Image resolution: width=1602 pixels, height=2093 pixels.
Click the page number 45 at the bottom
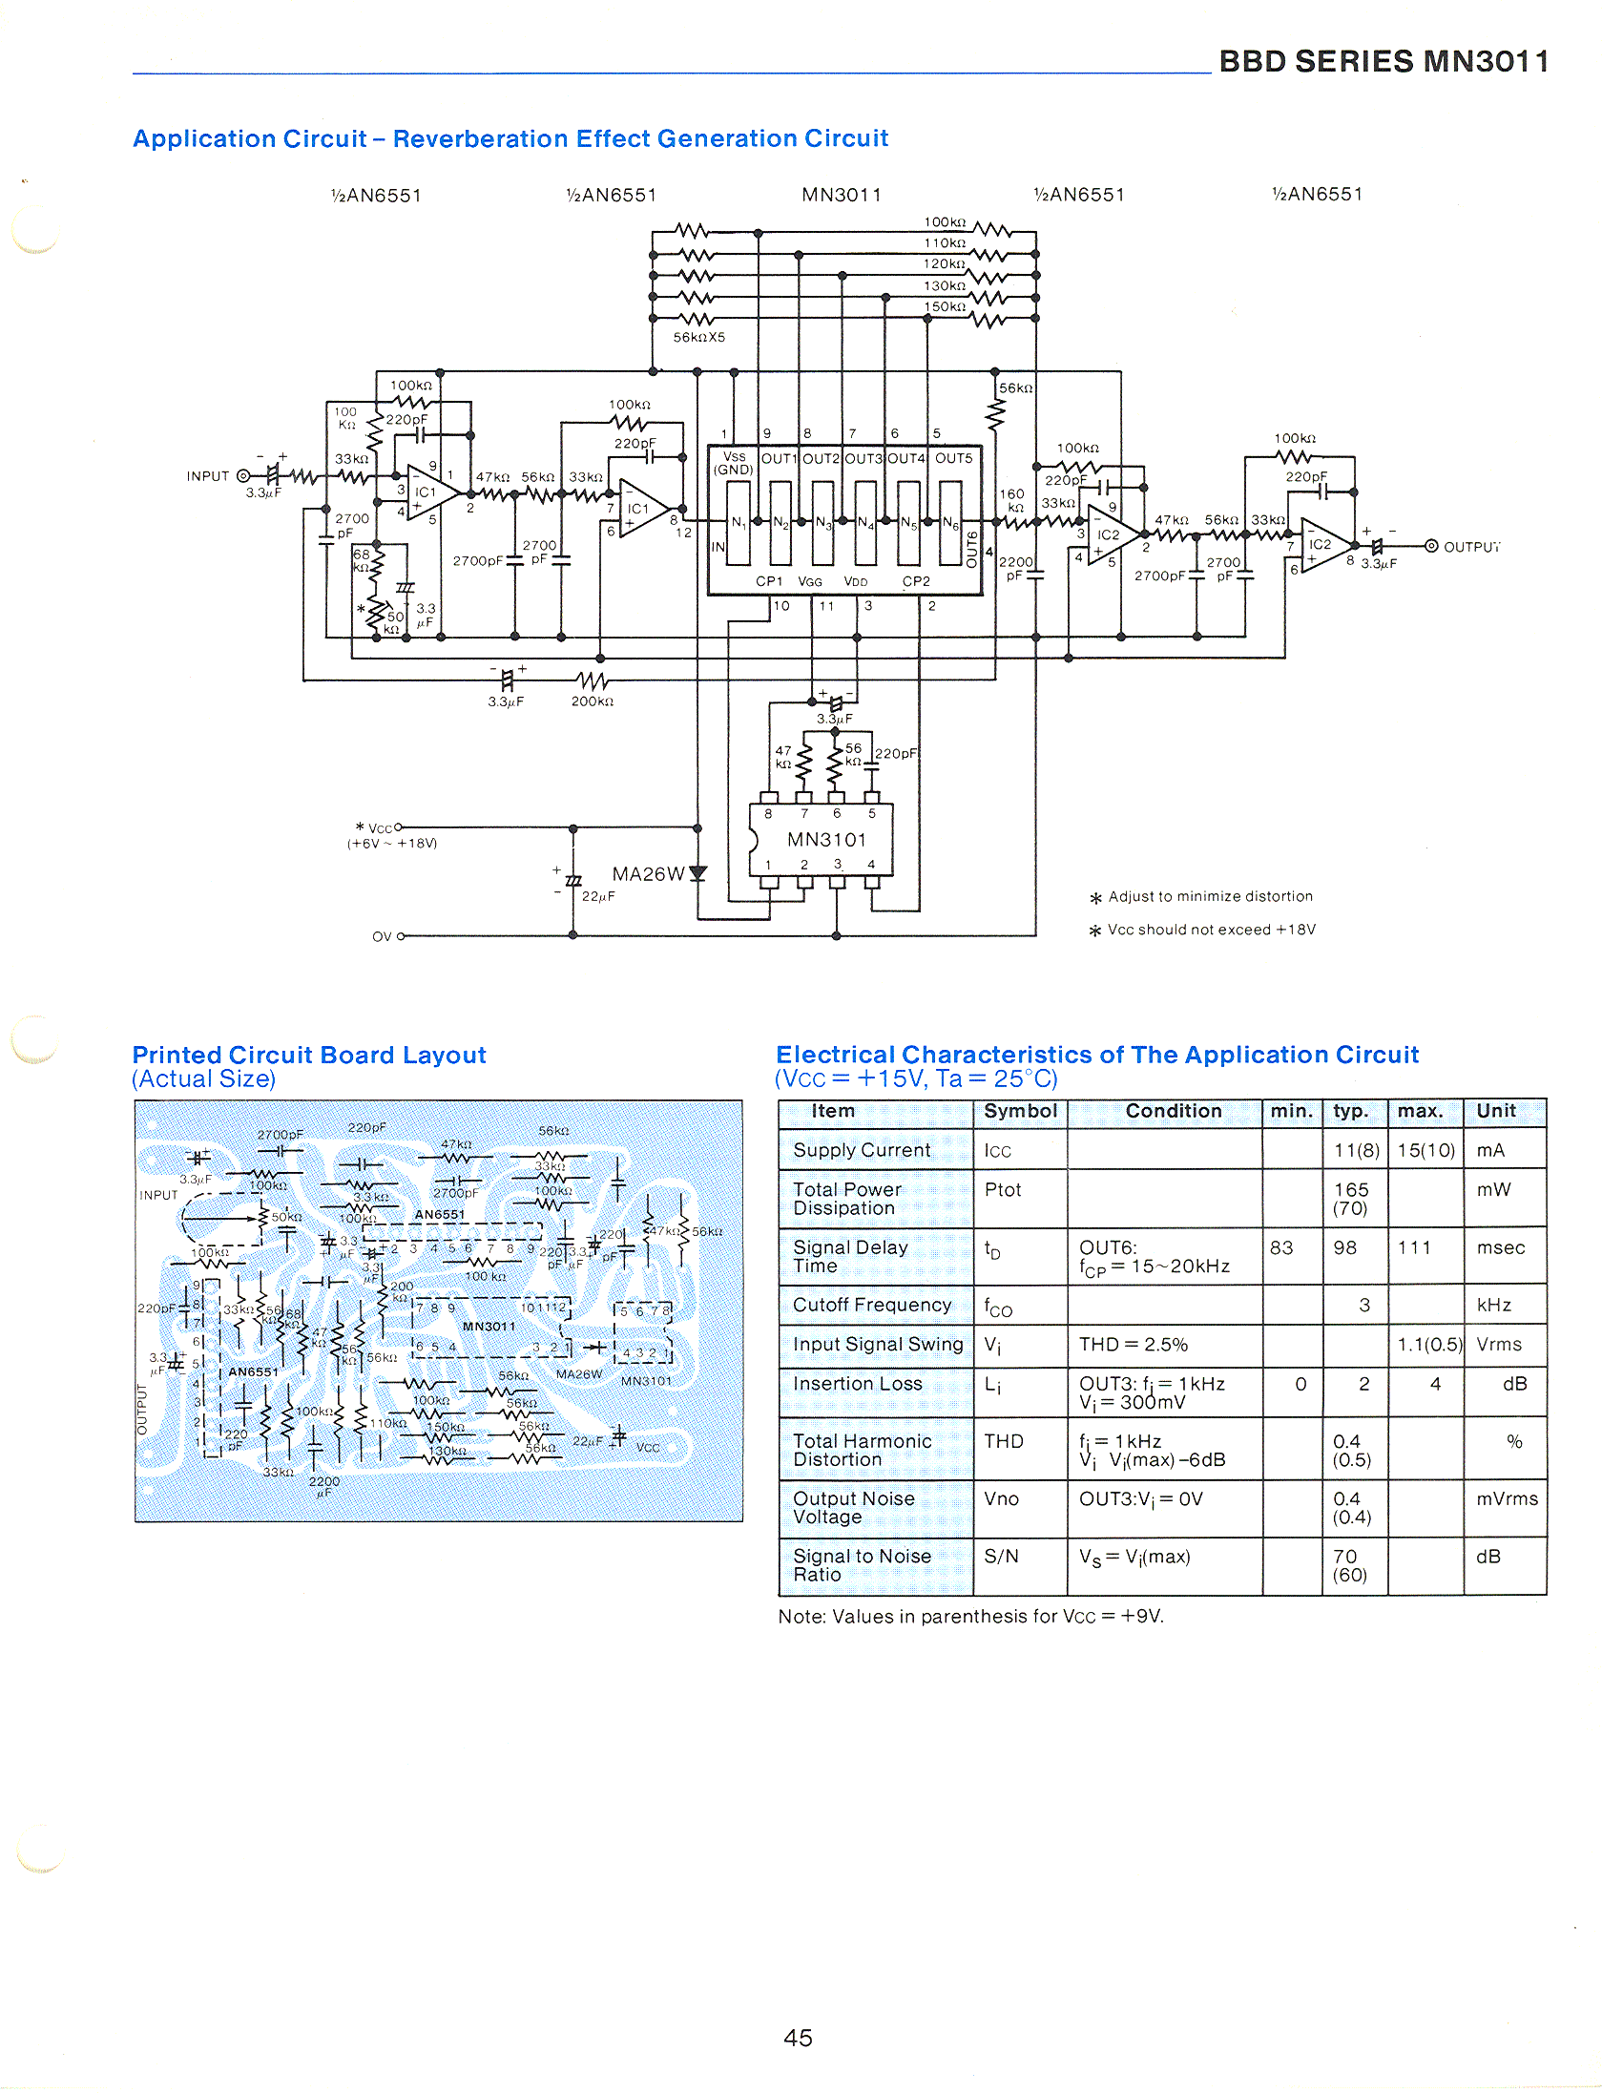click(x=798, y=2038)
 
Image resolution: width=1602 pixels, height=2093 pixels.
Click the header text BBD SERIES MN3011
click(x=1384, y=61)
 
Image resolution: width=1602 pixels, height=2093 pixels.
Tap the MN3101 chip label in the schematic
click(x=826, y=840)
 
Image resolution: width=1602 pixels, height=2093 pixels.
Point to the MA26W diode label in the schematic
click(x=648, y=874)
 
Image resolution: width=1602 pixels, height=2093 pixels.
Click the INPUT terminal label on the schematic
click(x=208, y=476)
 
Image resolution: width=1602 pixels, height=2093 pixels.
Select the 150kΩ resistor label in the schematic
click(x=945, y=306)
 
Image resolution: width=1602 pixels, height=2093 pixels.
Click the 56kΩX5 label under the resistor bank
click(x=699, y=338)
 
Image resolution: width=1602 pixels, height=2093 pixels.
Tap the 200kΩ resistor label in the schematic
click(x=592, y=701)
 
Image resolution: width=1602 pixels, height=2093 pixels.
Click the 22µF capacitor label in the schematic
click(x=598, y=896)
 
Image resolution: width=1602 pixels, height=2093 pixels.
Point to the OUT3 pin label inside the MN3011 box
click(x=863, y=459)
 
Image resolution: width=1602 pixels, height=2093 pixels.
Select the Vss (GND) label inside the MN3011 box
click(x=734, y=464)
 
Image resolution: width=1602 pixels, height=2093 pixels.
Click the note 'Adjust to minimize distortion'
click(x=1210, y=896)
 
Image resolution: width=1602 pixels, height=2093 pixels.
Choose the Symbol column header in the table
click(x=1020, y=1111)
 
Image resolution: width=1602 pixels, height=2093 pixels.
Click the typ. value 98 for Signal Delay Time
click(x=1344, y=1247)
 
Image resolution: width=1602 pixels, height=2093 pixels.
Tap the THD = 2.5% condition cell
click(x=1134, y=1345)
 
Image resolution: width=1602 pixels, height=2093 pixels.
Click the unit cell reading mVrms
click(x=1507, y=1498)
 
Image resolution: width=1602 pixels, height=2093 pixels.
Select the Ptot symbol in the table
click(x=1003, y=1190)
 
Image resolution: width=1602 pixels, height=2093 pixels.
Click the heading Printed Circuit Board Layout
click(x=309, y=1055)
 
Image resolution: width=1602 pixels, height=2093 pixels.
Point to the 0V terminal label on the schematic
click(x=382, y=936)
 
